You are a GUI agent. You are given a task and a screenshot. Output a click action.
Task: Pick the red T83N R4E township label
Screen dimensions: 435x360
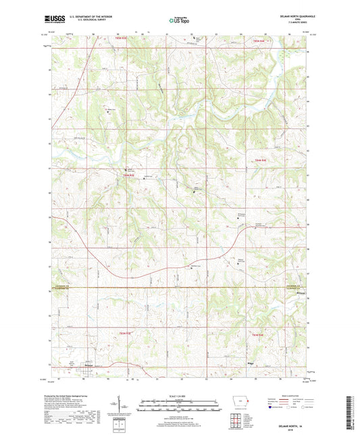coord(259,336)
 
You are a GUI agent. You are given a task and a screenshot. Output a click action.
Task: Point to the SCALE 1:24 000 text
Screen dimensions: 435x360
coord(179,396)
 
